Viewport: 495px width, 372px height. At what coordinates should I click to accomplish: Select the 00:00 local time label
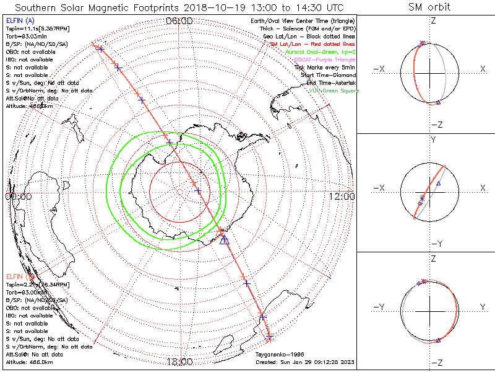tap(18, 197)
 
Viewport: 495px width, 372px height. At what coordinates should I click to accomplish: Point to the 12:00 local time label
tap(342, 197)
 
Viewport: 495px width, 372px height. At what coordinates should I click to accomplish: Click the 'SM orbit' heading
tap(429, 7)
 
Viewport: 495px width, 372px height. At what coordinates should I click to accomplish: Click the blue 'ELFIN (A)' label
tap(20, 21)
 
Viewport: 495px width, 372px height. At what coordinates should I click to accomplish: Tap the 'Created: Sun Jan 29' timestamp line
tap(304, 361)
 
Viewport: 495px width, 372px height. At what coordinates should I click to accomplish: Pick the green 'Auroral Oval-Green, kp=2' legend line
tap(320, 52)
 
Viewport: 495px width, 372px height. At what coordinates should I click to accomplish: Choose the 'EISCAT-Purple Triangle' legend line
tap(324, 60)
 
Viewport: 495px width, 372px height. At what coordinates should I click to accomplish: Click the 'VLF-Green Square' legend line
tap(334, 91)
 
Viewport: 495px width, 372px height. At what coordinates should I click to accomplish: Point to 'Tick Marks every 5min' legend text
tap(324, 67)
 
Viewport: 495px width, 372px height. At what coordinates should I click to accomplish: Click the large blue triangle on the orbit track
tap(225, 239)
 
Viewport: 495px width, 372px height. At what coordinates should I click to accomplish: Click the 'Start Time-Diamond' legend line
tap(328, 75)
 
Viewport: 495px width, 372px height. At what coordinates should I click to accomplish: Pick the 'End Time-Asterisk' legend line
tap(329, 82)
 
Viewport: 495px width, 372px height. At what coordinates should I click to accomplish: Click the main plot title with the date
tap(179, 7)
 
